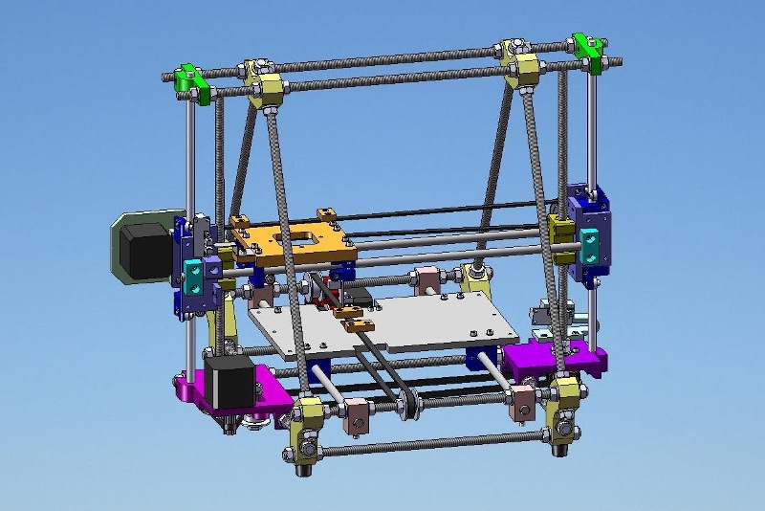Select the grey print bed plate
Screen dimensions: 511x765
click(x=382, y=325)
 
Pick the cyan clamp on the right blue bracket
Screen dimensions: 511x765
click(x=594, y=244)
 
